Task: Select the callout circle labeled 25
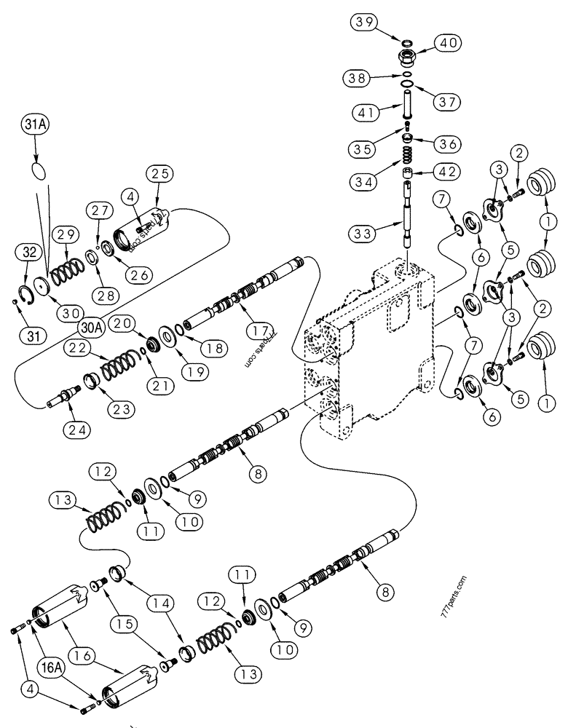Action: coord(159,173)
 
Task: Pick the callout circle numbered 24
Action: coord(76,430)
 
